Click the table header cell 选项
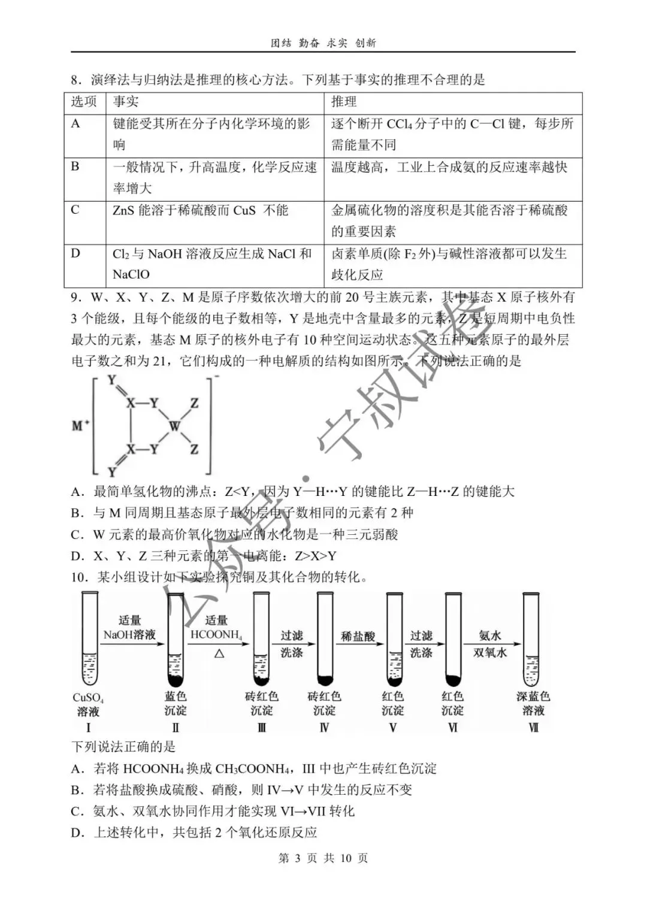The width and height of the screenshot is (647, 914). coord(84,102)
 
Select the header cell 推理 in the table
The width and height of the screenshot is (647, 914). coord(344,102)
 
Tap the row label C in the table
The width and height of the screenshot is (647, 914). coord(75,210)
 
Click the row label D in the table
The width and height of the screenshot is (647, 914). coord(75,253)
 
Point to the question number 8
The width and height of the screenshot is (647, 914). coord(75,80)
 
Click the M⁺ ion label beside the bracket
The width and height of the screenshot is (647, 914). coord(80,426)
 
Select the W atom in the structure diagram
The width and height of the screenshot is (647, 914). coord(174,426)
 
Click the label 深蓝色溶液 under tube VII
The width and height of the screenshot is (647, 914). coord(533,703)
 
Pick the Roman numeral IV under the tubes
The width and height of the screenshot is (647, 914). coord(324,728)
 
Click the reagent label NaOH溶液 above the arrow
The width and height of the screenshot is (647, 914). coord(129,635)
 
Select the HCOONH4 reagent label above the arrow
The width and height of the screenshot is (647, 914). coord(216,635)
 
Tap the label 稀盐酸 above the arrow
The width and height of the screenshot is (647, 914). coord(358,636)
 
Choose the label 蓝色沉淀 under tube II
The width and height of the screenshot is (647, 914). coord(176,703)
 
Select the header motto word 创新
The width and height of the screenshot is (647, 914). coord(365,43)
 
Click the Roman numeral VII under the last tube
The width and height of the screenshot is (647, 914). coord(533,728)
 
